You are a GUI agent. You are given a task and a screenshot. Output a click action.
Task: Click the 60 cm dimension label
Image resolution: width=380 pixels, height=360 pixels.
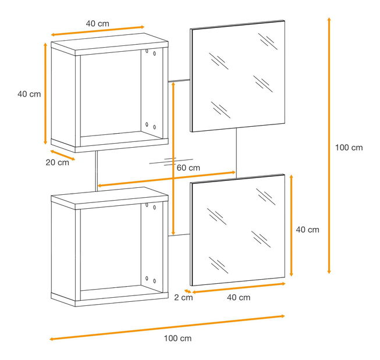coord(189,167)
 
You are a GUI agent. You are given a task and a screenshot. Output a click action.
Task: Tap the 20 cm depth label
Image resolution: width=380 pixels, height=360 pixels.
coord(58,162)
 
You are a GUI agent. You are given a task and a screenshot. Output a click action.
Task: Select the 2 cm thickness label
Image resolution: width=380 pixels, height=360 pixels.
coord(183,297)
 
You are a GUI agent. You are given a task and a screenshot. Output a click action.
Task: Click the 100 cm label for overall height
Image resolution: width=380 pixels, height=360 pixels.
coord(349,148)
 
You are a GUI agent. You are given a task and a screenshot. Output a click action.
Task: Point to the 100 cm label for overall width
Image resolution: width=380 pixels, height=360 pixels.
coord(177,338)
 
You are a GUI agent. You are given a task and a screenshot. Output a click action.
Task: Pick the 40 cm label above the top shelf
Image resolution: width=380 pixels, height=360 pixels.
coord(97,23)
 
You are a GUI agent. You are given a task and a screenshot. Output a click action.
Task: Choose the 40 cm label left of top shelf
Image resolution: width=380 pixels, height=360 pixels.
coord(29,94)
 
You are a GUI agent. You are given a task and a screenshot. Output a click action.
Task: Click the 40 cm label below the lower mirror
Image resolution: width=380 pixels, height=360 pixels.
coord(239,297)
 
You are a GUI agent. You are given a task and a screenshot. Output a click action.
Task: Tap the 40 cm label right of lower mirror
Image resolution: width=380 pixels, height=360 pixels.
coord(307,230)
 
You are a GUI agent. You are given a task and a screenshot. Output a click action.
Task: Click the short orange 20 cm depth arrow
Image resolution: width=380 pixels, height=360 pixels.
coord(62,155)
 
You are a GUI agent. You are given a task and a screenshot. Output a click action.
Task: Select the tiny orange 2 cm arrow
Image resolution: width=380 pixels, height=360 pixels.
coord(187,291)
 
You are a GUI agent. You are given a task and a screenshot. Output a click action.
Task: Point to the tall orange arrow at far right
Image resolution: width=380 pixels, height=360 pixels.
coord(329,145)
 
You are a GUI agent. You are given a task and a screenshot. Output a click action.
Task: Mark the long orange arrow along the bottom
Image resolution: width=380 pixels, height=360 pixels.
coord(167,327)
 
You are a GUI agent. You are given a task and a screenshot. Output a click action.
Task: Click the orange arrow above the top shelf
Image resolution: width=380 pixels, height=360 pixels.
coord(98,31)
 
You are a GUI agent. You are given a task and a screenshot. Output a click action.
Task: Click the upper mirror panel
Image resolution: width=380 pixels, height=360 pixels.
coord(237,76)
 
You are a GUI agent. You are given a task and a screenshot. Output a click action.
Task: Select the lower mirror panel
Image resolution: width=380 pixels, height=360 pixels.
coord(237,230)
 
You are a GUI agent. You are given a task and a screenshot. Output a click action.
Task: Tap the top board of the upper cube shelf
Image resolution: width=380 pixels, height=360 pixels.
coord(109,44)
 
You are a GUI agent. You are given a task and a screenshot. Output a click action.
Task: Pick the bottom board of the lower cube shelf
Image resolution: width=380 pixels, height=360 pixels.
coord(109,300)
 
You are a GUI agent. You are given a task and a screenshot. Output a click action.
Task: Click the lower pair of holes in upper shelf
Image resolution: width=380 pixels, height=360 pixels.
coord(151,126)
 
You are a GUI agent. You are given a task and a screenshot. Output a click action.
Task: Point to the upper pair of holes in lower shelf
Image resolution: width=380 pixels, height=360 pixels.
coord(151,206)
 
